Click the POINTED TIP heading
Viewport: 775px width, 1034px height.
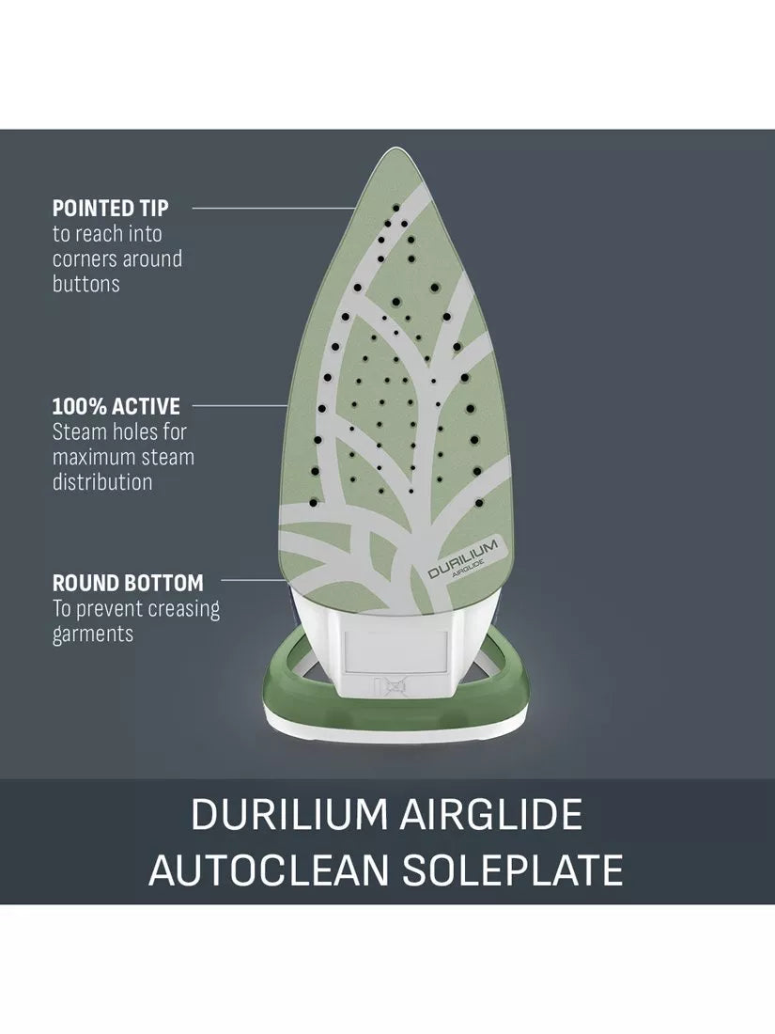(x=110, y=208)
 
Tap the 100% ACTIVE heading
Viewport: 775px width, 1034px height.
(x=116, y=405)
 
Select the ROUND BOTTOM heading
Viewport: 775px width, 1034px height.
(x=128, y=583)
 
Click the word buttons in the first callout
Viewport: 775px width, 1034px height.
(x=85, y=284)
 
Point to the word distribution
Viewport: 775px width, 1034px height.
(x=102, y=481)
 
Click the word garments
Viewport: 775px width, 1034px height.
(x=93, y=634)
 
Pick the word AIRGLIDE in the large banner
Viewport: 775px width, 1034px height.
(x=491, y=814)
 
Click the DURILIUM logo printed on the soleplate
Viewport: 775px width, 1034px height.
(x=462, y=557)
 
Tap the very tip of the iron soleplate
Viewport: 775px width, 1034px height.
(x=395, y=149)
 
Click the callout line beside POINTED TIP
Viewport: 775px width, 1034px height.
(x=273, y=208)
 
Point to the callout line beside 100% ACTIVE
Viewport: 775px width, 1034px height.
(x=240, y=405)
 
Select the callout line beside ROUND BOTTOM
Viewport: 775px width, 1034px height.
(x=253, y=580)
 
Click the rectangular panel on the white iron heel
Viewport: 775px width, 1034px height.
(x=395, y=651)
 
